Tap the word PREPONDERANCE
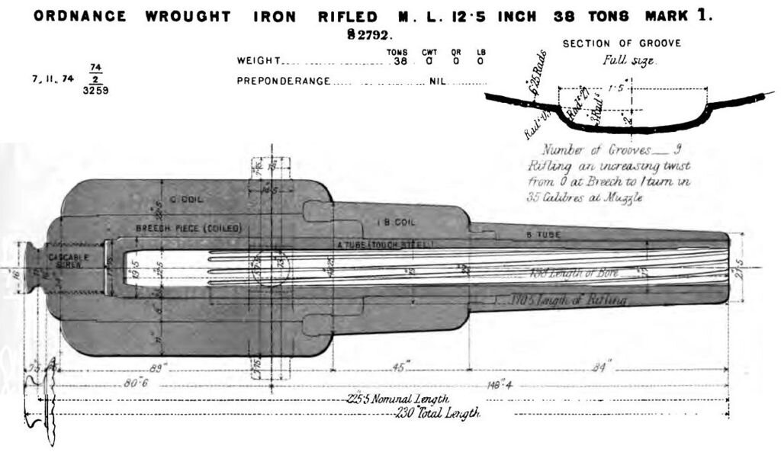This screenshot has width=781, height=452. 283,80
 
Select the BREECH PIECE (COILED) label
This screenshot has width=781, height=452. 177,228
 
